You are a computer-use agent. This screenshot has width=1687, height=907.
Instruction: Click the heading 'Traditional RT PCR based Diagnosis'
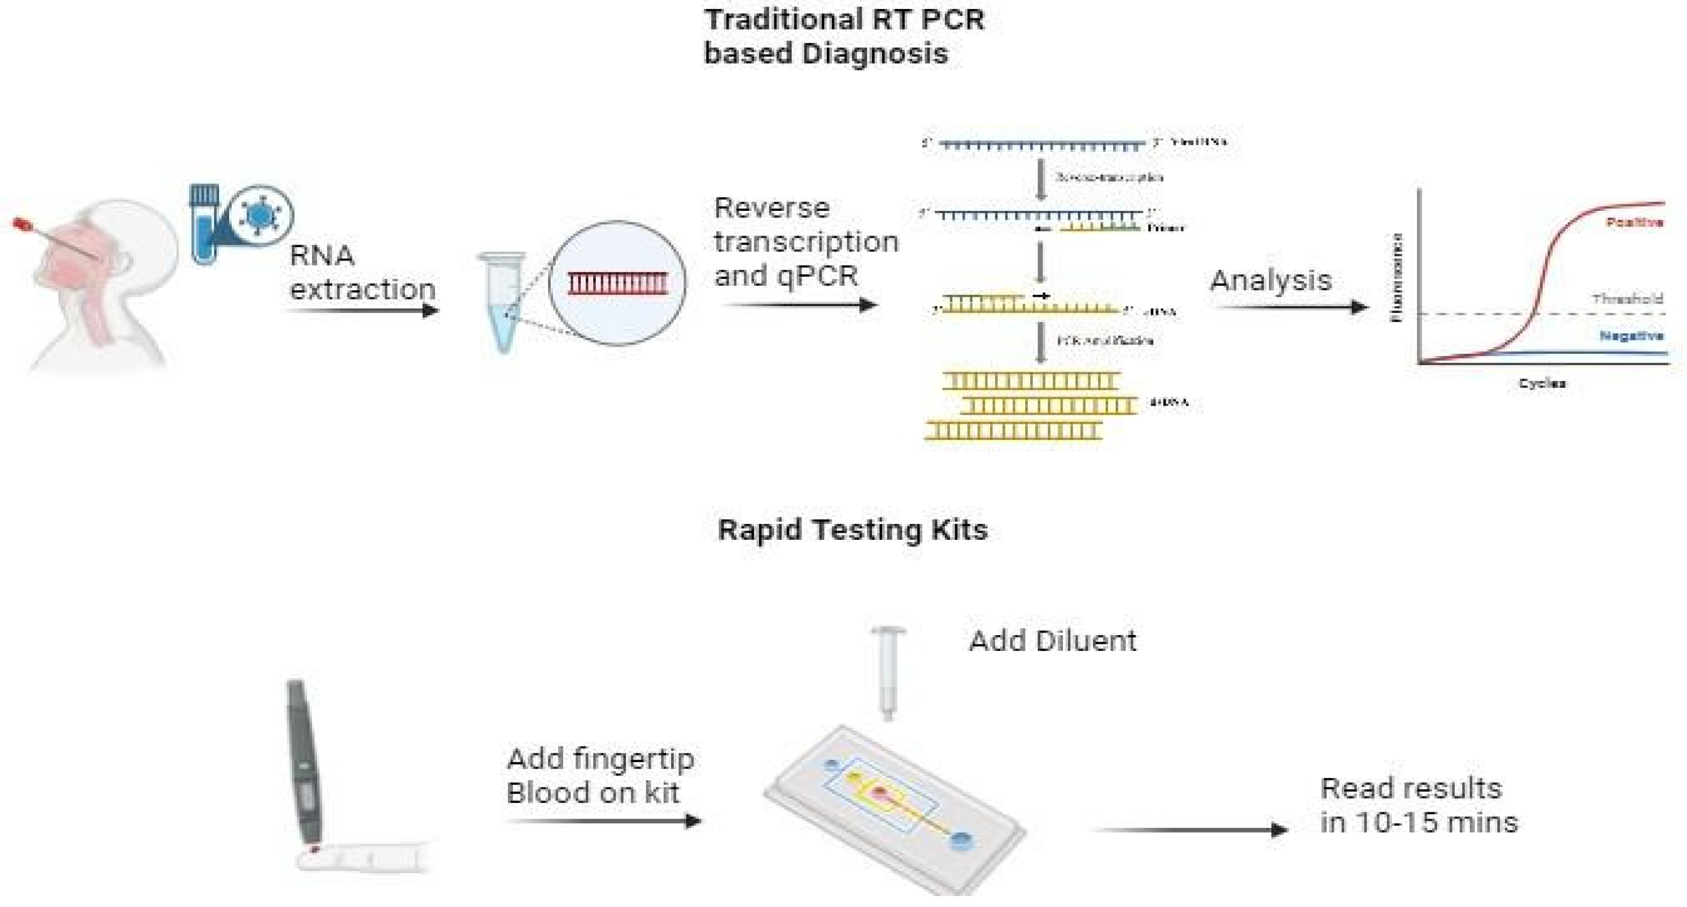843,36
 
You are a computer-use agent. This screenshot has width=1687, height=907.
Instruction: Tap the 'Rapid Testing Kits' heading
852,529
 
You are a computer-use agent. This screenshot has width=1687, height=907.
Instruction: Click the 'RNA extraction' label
362,272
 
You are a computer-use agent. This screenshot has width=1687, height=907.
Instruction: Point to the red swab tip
20,225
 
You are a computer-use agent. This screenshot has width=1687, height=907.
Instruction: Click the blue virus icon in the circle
260,215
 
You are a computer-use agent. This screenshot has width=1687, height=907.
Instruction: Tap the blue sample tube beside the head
203,223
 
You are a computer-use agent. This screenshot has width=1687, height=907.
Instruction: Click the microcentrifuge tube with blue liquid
503,301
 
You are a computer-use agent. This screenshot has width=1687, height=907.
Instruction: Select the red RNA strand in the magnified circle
618,283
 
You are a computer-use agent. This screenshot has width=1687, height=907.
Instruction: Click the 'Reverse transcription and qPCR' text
806,242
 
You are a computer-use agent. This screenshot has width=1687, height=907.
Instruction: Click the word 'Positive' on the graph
1633,223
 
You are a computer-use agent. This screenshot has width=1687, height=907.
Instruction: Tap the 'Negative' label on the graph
1630,336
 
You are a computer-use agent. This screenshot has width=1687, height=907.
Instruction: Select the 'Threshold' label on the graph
1627,299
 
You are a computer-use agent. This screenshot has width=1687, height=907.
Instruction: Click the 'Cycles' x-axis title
1542,384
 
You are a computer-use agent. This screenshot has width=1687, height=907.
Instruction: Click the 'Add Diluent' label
1053,641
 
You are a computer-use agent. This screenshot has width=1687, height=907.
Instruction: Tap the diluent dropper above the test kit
887,671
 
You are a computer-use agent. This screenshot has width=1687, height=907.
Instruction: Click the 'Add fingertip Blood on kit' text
600,776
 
